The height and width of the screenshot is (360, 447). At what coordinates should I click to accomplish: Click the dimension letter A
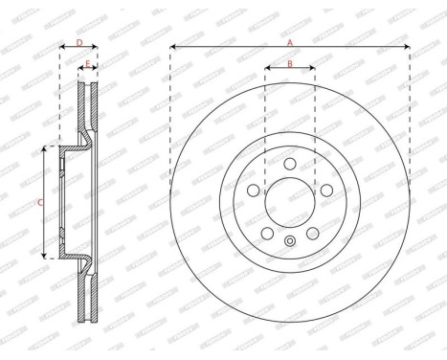pyautogui.click(x=290, y=41)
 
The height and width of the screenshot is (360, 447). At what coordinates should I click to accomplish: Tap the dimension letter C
pyautogui.click(x=39, y=202)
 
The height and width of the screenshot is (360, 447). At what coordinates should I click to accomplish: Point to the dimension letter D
pyautogui.click(x=79, y=42)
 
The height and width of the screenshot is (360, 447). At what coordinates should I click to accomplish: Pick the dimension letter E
pyautogui.click(x=88, y=64)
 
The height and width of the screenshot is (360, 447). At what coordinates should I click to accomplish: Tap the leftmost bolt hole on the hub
pyautogui.click(x=253, y=191)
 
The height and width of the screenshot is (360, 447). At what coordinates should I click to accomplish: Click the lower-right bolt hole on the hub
pyautogui.click(x=313, y=235)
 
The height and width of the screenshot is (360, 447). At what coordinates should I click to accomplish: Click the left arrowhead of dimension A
pyautogui.click(x=173, y=46)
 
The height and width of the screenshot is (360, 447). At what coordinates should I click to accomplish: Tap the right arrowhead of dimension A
pyautogui.click(x=407, y=46)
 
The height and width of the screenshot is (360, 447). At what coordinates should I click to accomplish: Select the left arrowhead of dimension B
pyautogui.click(x=267, y=69)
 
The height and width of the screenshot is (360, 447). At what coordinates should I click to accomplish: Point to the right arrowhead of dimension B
pyautogui.click(x=312, y=69)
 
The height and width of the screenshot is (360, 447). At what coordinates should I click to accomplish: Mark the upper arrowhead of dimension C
pyautogui.click(x=45, y=149)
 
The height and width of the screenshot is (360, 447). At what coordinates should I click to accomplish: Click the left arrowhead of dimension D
pyautogui.click(x=62, y=47)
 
